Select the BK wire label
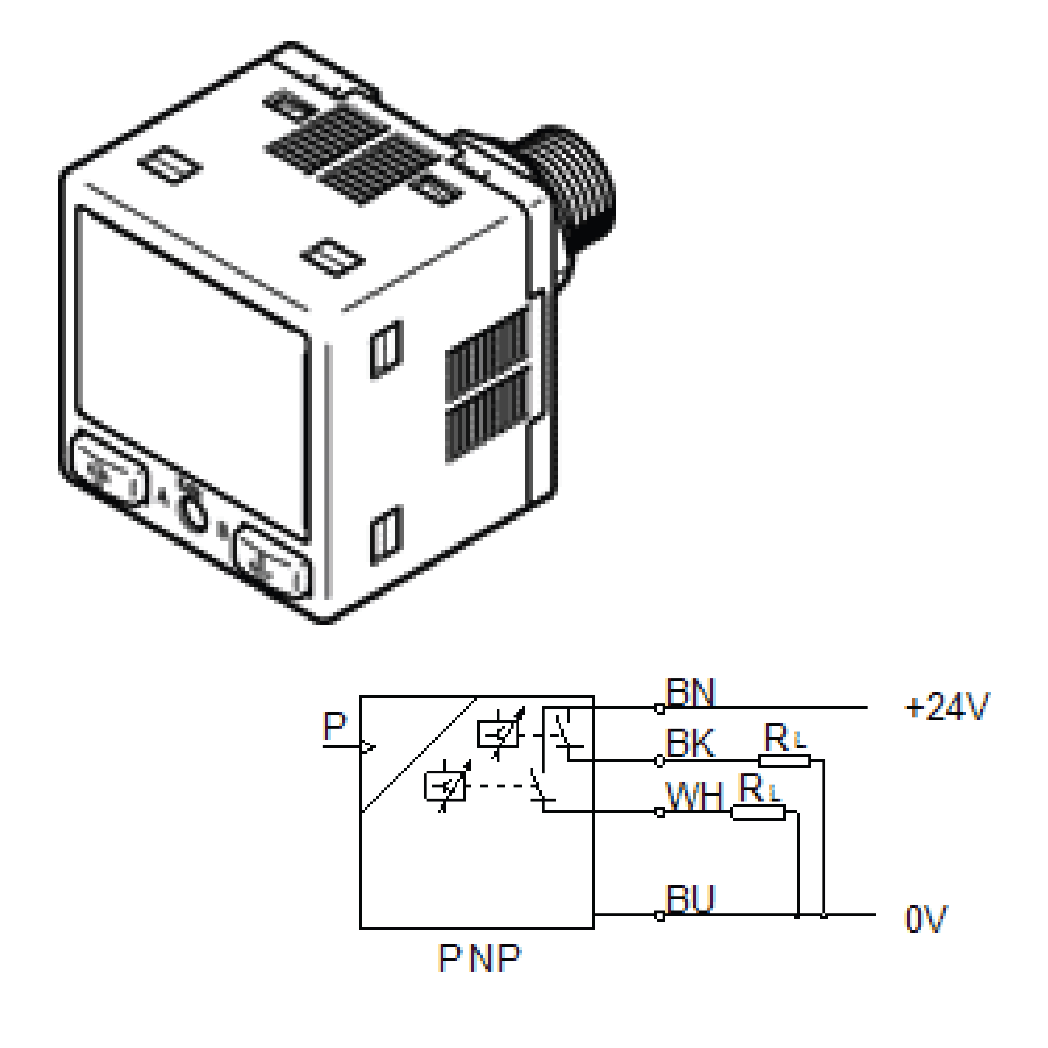(690, 743)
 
